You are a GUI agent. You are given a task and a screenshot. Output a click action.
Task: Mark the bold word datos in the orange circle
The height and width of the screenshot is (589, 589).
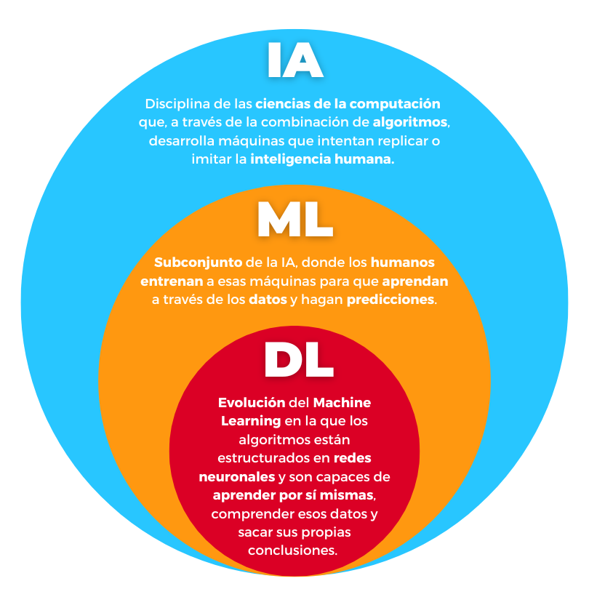coord(266,299)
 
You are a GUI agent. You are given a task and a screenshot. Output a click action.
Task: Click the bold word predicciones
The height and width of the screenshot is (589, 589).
coord(391,299)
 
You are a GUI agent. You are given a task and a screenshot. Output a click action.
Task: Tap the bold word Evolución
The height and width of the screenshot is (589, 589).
coord(250,402)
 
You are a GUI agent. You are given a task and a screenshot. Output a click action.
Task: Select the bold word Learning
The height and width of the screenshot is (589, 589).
coord(250,421)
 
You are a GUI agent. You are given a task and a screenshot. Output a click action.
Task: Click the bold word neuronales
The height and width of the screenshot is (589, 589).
coord(236,477)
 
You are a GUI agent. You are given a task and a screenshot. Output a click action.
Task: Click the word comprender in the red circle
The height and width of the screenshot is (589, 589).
coord(255,514)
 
